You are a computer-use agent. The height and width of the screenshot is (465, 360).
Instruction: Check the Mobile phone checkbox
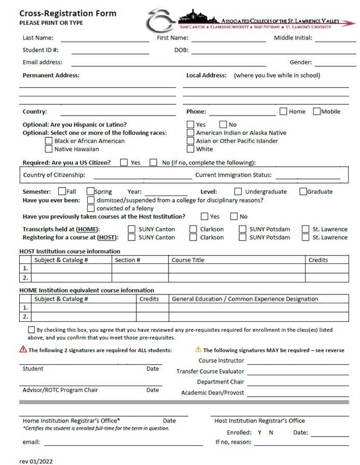coord(317,111)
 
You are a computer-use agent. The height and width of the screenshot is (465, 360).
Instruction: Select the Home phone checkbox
coord(284,111)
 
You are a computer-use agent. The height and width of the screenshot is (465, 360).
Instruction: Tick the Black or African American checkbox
coord(49,141)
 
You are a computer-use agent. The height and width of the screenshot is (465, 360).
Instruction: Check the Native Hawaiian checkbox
coord(49,149)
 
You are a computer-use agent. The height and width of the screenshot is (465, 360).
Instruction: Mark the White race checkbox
coord(191,149)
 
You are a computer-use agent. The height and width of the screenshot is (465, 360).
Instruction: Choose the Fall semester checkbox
coord(62,191)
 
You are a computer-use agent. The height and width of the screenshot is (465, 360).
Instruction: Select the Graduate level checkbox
coord(303,191)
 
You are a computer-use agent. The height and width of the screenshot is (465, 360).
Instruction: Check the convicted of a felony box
coord(91,208)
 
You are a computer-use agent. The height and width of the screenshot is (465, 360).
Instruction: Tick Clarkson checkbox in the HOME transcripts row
coord(193,229)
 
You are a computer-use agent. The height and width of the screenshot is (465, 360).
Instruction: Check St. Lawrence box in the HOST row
coord(306,237)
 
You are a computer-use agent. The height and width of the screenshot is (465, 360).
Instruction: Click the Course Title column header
coord(188,260)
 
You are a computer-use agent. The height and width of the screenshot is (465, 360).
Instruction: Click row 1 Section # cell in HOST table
coord(140,269)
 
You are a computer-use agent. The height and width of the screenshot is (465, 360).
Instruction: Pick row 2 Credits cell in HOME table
coord(153,316)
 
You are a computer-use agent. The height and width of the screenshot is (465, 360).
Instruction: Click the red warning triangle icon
coord(23,350)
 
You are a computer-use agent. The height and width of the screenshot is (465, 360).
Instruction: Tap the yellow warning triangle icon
coord(198,350)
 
